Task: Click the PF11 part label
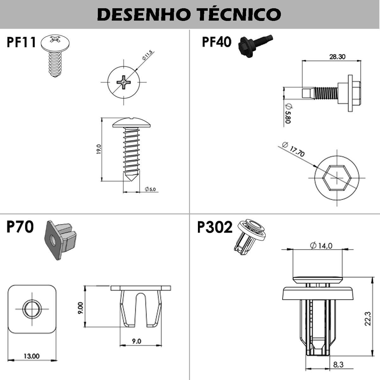(x=21, y=42)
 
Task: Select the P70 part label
(x=20, y=227)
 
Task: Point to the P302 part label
(x=215, y=227)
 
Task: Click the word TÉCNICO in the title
(x=239, y=14)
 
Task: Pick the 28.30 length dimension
(x=337, y=57)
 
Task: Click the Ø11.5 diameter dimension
(x=147, y=55)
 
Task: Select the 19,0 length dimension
(x=99, y=149)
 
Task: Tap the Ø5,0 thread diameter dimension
(x=150, y=189)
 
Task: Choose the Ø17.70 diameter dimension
(x=293, y=149)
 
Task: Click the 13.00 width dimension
(x=32, y=356)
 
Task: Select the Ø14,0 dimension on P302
(x=321, y=246)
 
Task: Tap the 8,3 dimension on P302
(x=339, y=364)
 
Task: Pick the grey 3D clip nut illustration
(x=60, y=240)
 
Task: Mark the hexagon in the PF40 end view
(x=337, y=178)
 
